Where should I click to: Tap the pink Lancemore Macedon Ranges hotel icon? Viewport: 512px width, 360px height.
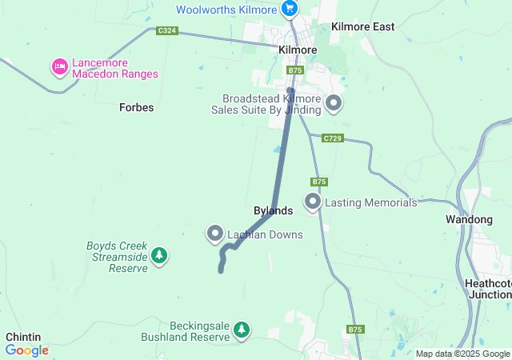tap(59, 67)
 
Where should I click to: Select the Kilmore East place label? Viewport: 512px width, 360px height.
tap(362, 27)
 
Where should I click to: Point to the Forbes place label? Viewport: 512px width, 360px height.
tap(136, 106)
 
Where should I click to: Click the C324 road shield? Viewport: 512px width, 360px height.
tap(166, 31)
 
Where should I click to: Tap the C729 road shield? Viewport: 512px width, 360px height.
tap(334, 138)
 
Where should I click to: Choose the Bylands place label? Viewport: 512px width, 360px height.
tap(273, 210)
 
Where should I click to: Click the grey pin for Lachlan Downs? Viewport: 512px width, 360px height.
tap(215, 233)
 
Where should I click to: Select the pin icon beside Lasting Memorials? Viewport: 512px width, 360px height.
tap(312, 201)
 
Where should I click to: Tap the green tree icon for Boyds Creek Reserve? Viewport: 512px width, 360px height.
tap(161, 254)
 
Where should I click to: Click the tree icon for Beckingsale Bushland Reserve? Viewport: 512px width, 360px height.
tap(242, 329)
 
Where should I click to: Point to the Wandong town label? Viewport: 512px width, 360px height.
tap(469, 219)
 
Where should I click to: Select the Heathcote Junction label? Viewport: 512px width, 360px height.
tap(487, 289)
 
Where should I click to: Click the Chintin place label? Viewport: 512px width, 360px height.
tap(23, 337)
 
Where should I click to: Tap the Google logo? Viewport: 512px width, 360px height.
tap(26, 350)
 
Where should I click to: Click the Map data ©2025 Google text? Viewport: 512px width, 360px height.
tap(462, 354)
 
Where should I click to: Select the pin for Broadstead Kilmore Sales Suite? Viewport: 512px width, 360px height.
tap(334, 102)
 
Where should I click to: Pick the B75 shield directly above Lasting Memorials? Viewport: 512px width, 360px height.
tap(320, 182)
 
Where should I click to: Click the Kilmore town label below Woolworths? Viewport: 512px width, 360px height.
tap(298, 50)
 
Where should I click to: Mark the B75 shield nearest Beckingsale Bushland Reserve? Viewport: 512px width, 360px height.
tap(356, 330)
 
